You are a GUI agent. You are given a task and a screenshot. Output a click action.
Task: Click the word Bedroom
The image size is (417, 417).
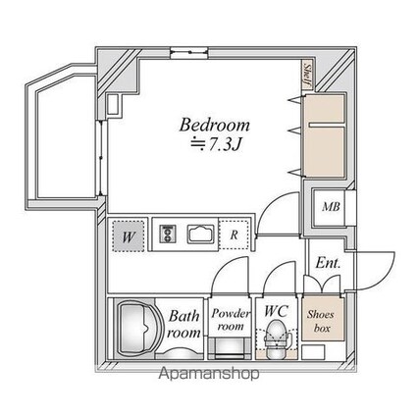tap(214, 125)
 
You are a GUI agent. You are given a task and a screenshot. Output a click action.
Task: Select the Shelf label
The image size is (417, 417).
tap(307, 76)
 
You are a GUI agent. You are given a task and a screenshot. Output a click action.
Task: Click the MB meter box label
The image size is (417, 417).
tap(331, 207)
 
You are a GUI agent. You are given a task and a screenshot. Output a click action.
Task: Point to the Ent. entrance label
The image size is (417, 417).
tap(328, 263)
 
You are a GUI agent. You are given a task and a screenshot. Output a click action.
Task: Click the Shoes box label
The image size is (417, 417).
tap(321, 321)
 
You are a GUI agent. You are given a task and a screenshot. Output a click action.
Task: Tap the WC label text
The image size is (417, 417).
tap(277, 311)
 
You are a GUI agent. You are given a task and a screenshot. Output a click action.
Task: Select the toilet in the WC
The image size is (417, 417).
tap(277, 339)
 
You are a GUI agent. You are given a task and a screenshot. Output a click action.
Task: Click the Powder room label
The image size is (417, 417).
tap(231, 320)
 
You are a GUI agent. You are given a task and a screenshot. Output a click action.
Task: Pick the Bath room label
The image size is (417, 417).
tap(183, 325)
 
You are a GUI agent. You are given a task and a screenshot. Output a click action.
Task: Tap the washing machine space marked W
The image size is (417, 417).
tap(128, 236)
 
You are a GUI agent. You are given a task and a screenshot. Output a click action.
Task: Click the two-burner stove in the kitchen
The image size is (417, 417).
tap(168, 234)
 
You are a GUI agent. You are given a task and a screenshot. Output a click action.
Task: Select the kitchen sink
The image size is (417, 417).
tap(201, 234)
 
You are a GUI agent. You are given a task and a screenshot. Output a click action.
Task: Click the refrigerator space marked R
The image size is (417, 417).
tap(234, 235)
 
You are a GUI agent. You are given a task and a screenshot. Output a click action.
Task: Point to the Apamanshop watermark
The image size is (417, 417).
tap(209, 374)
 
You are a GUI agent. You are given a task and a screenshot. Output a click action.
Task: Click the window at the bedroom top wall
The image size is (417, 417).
tap(189, 52)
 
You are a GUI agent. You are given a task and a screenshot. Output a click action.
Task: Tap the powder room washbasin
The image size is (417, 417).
tap(229, 349)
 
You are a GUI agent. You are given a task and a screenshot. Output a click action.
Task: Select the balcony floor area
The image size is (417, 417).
tap(67, 137)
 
